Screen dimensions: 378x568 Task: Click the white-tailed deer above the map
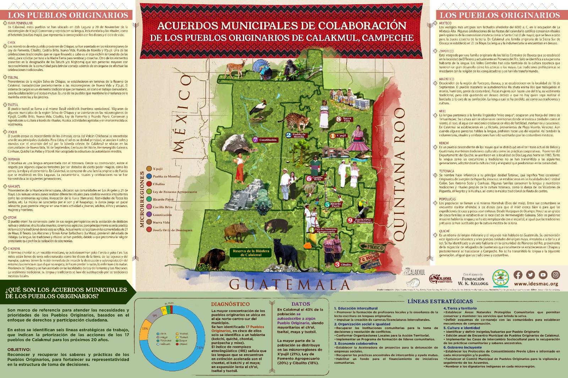pyautogui.click(x=236, y=68)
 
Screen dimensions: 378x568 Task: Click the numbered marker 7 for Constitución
pyautogui.click(x=255, y=140)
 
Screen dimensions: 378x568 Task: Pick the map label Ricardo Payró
pyautogui.click(x=335, y=205)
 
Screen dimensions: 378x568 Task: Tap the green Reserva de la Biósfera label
pyautogui.click(x=251, y=253)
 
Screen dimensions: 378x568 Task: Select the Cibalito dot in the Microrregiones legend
pyautogui.click(x=149, y=184)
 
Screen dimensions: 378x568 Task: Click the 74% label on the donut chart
pyautogui.click(x=200, y=348)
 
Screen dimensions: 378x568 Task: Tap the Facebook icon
pyautogui.click(x=518, y=274)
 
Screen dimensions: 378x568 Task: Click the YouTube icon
pyautogui.click(x=543, y=274)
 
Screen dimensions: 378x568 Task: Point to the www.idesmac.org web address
pyautogui.click(x=536, y=284)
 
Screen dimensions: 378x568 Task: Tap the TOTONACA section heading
pyautogui.click(x=446, y=171)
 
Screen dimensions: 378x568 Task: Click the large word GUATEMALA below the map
pyautogui.click(x=289, y=284)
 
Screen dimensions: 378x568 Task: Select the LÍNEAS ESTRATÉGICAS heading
pyautogui.click(x=440, y=301)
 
